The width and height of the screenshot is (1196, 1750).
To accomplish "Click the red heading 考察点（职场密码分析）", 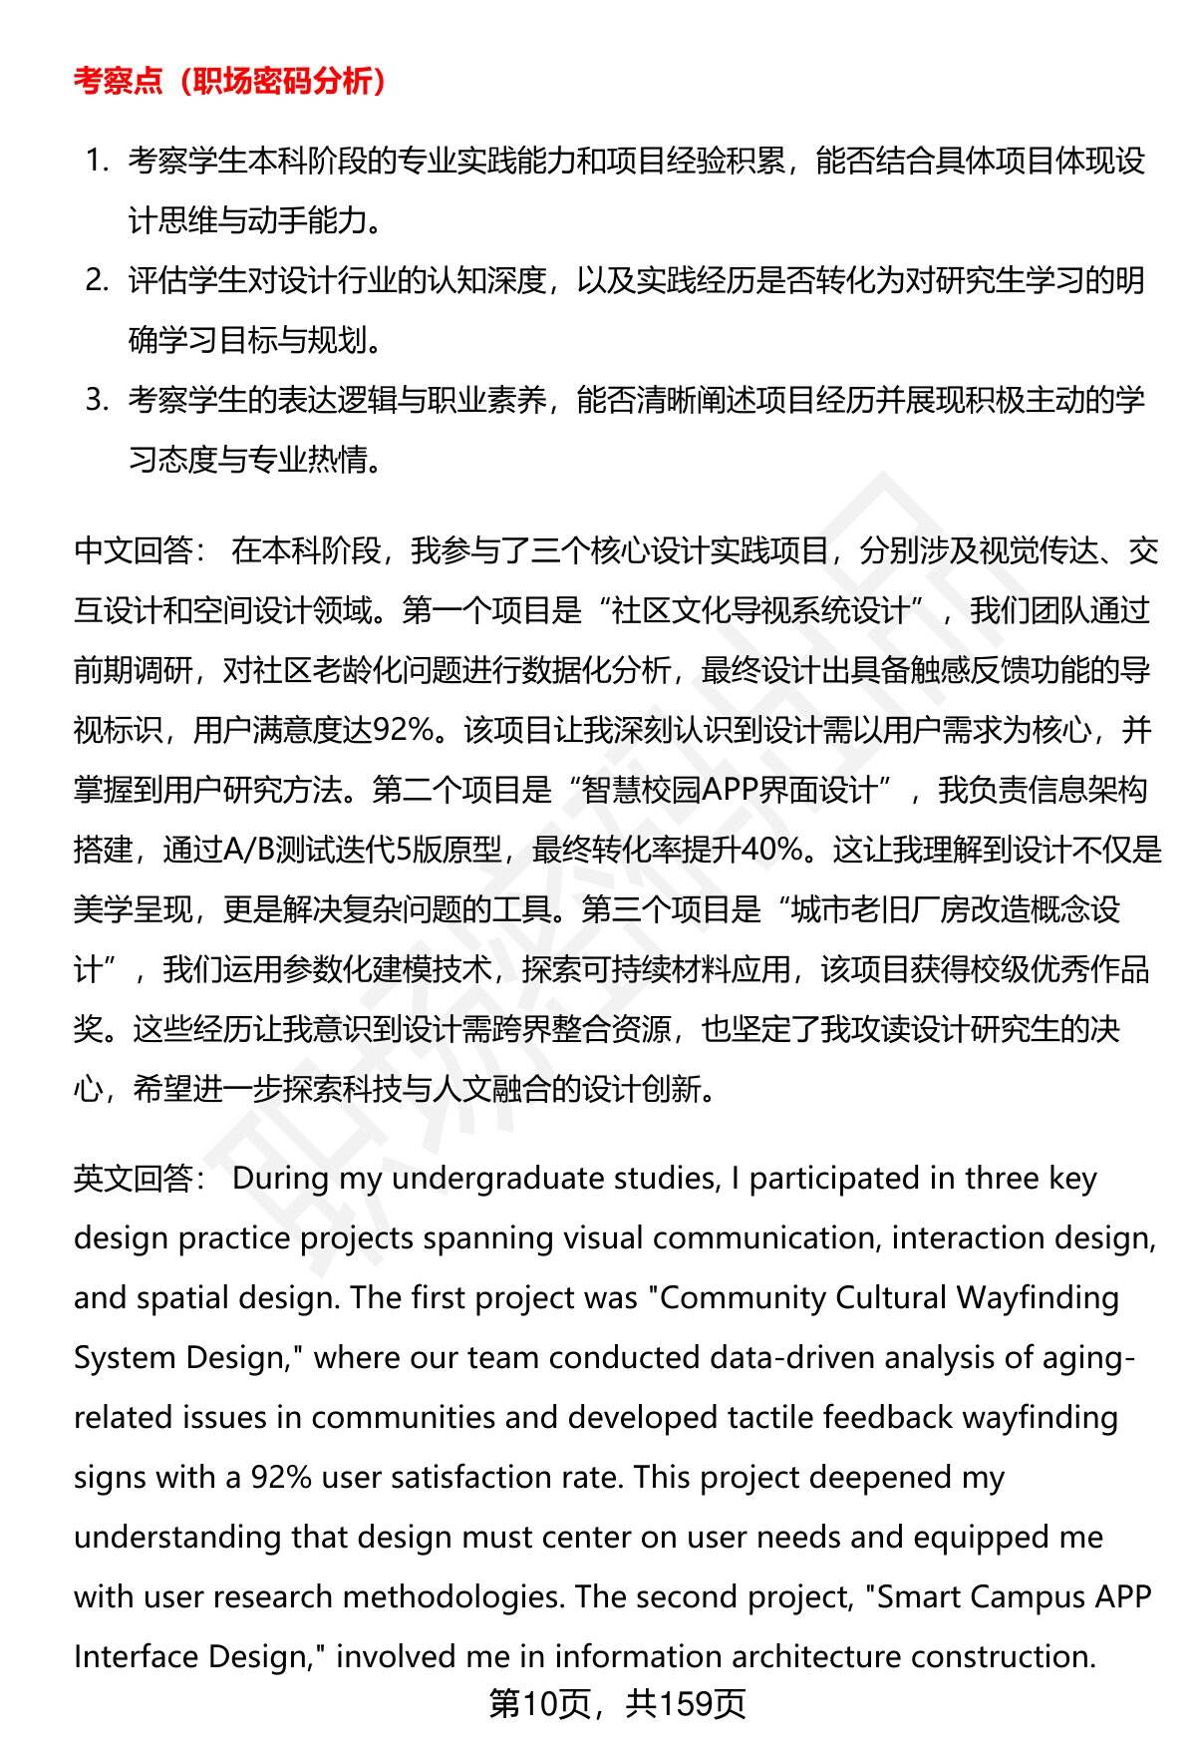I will (x=230, y=81).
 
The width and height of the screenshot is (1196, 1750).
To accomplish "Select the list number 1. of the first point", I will (x=97, y=161).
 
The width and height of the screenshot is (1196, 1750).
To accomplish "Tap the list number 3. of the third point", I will (x=97, y=400).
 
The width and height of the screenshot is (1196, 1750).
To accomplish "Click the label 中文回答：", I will (x=140, y=550).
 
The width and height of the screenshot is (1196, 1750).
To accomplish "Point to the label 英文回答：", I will (x=140, y=1178).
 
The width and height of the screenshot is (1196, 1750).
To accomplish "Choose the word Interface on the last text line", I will (x=141, y=1656).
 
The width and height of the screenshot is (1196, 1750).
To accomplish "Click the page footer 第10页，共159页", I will (x=617, y=1704).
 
